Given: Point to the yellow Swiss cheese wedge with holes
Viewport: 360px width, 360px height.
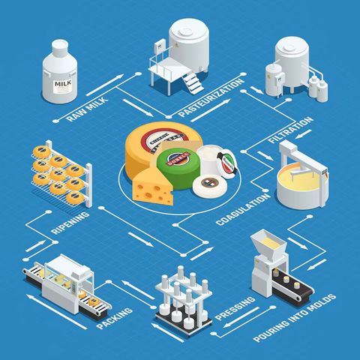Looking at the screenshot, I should point(152,184).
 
